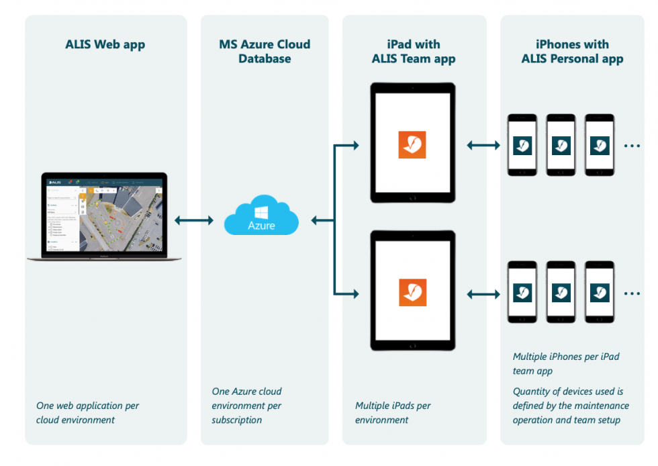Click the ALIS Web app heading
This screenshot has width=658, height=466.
105,45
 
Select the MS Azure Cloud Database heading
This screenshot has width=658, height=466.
265,52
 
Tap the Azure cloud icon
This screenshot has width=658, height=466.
261,216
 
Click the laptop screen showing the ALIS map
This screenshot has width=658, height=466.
105,214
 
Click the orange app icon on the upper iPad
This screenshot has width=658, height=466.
412,144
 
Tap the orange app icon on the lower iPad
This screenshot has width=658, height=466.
412,292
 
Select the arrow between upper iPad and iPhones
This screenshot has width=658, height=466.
483,144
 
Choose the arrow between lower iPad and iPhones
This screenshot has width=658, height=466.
483,293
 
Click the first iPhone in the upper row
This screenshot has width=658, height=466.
522,145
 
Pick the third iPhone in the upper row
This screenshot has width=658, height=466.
600,145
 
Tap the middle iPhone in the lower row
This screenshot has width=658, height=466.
561,293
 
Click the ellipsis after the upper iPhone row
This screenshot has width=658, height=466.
632,145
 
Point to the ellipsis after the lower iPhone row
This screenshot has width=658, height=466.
632,293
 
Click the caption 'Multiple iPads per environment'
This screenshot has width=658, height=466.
393,413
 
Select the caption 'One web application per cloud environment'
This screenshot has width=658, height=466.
87,413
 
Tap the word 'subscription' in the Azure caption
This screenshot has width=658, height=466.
237,420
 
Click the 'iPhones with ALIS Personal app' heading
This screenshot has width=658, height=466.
572,52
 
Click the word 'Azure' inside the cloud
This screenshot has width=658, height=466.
261,226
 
